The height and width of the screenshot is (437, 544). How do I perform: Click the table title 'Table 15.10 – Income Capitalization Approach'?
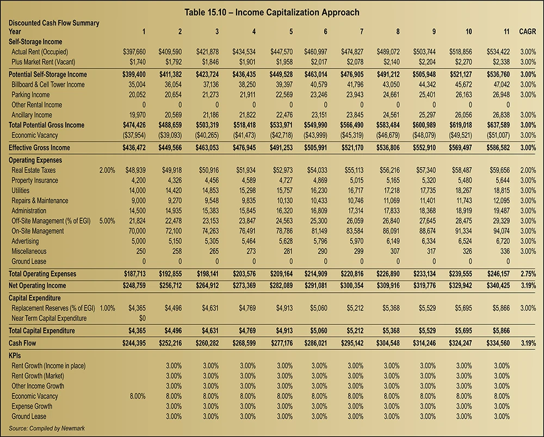(271, 12)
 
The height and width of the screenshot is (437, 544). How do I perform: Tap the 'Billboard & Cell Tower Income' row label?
(48, 84)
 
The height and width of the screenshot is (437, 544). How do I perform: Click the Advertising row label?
(27, 241)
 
